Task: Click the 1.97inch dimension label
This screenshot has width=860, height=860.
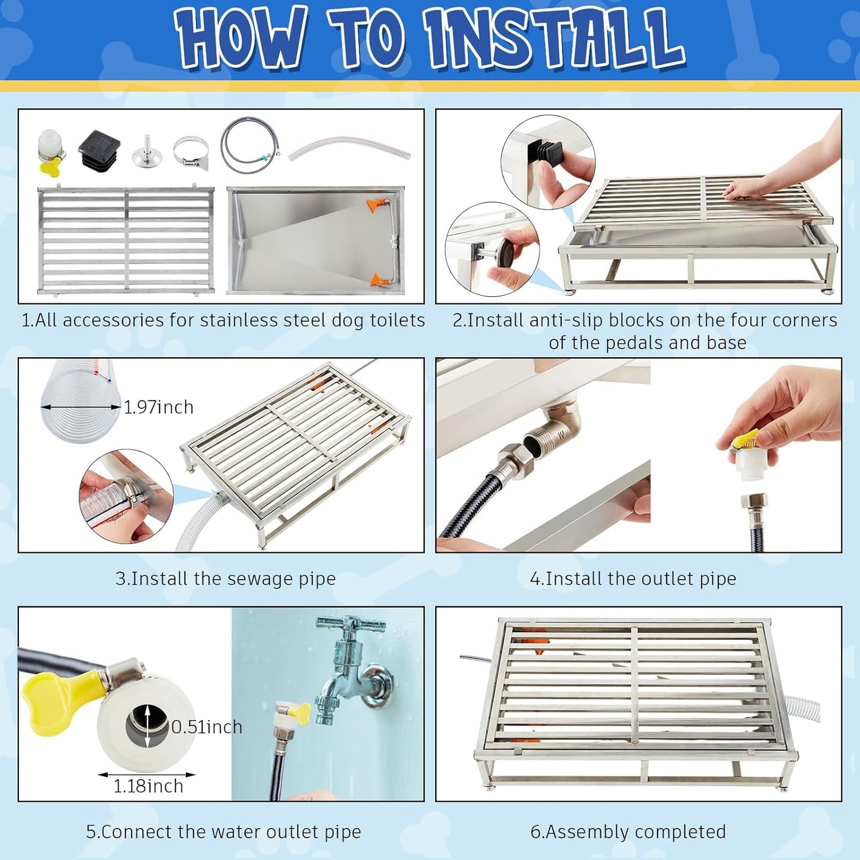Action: (158, 407)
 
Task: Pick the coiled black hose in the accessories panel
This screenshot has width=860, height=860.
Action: (250, 145)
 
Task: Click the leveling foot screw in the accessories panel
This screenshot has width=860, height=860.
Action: (146, 151)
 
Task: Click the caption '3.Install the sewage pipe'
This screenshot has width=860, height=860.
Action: (226, 578)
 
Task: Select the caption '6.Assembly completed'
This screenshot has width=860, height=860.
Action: (628, 832)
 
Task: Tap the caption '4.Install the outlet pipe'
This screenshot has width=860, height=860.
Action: (633, 578)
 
